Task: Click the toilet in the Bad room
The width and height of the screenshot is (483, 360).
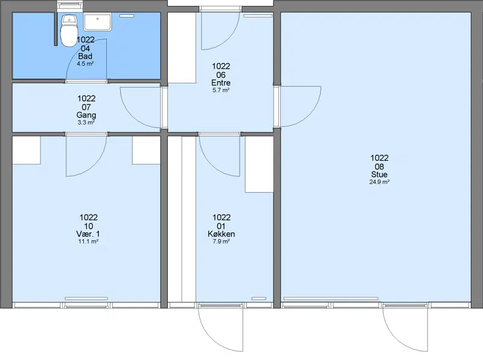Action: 69,31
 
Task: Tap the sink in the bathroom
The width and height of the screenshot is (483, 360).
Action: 97,22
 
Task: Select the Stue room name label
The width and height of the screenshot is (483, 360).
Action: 379,175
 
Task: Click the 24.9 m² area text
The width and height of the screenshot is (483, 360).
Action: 379,182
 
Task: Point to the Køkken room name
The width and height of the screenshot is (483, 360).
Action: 221,234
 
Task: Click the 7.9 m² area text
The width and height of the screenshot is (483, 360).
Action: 221,242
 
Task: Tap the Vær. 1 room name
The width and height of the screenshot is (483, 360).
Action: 88,234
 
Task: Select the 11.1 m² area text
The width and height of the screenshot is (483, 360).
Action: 88,242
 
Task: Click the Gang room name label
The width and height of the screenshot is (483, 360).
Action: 86,115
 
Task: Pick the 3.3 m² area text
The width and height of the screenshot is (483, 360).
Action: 86,123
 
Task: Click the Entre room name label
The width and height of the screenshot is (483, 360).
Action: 221,83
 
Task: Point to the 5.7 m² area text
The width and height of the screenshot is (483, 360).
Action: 221,91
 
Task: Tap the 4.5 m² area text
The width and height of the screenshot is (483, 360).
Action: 85,64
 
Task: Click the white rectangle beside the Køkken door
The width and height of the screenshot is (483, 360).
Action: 259,164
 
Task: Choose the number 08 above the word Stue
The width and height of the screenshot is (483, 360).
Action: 379,167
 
